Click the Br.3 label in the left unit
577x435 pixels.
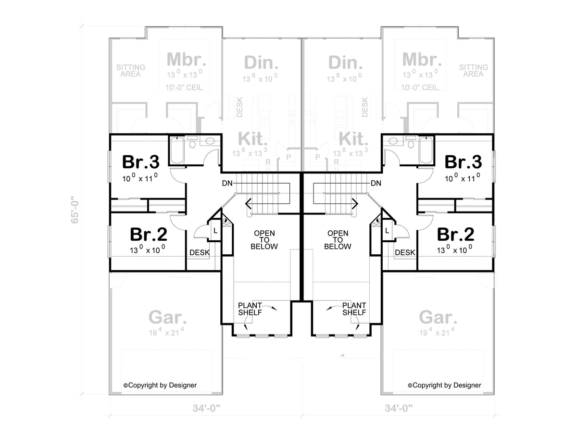click(x=140, y=162)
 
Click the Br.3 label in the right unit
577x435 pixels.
click(x=463, y=162)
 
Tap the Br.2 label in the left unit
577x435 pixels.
click(x=149, y=235)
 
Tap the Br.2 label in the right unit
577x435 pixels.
click(x=455, y=235)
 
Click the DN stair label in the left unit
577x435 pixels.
click(x=228, y=183)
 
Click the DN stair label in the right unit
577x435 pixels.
click(x=376, y=183)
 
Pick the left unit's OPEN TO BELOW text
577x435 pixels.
click(x=265, y=240)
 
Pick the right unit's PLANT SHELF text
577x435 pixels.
click(x=354, y=309)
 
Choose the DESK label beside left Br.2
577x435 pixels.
click(x=199, y=252)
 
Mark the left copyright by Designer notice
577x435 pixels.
click(x=160, y=385)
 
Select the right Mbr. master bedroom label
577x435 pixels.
click(x=422, y=60)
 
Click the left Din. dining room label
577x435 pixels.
click(x=261, y=62)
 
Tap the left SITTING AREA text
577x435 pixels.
click(x=130, y=71)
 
